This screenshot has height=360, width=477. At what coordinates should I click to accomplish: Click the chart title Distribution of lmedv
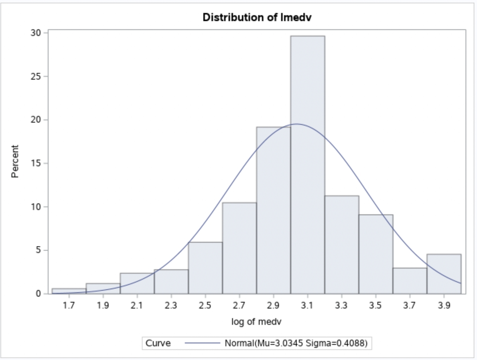click(x=257, y=17)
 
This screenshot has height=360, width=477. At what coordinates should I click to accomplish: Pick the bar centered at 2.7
click(x=239, y=248)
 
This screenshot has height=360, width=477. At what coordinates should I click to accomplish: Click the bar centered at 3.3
click(x=341, y=244)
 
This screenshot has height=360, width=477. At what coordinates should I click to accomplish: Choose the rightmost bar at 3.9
click(x=444, y=274)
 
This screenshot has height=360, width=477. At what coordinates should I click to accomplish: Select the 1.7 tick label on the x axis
click(x=69, y=306)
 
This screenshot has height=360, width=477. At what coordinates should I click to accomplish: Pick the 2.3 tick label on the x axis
click(x=171, y=306)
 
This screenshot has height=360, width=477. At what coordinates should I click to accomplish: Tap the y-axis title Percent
click(x=15, y=161)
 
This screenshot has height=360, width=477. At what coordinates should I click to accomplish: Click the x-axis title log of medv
click(x=256, y=321)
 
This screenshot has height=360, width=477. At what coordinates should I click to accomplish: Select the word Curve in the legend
click(x=158, y=343)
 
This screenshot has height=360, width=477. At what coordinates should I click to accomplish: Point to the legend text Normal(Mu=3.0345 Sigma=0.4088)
click(x=296, y=343)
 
